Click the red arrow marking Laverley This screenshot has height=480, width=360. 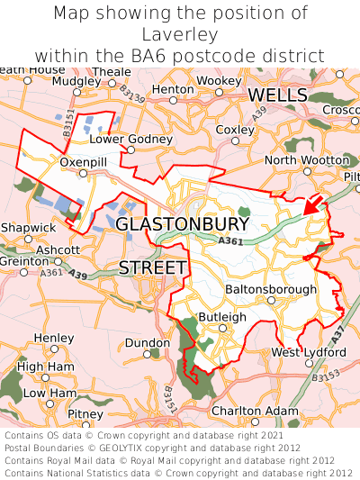(x=312, y=204)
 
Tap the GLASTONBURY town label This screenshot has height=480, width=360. (x=183, y=223)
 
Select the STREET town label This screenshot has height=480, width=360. (x=153, y=267)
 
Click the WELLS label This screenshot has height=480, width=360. (x=278, y=95)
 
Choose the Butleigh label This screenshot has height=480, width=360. (x=221, y=317)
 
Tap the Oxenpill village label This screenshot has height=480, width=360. (x=83, y=161)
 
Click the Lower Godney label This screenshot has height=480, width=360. (x=130, y=140)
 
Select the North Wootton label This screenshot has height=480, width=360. (x=306, y=160)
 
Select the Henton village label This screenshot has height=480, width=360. (x=173, y=90)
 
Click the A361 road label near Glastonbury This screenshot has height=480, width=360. (x=230, y=240)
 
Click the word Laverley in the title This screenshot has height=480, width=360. (x=180, y=35)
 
